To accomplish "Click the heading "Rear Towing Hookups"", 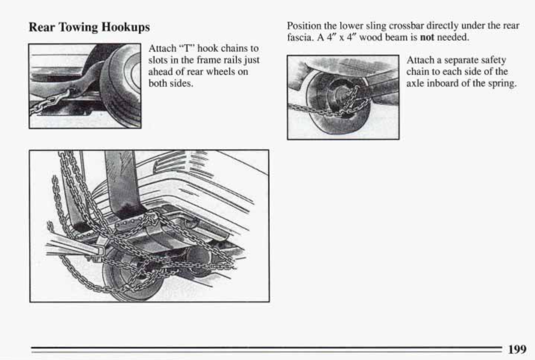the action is tap(89, 27).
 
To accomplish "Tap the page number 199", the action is tap(517, 349).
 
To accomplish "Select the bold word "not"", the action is tap(427, 37).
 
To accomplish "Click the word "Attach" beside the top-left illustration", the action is tap(162, 48).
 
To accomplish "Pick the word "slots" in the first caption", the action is tap(158, 60).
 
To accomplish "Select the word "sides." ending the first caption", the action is tap(181, 83).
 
